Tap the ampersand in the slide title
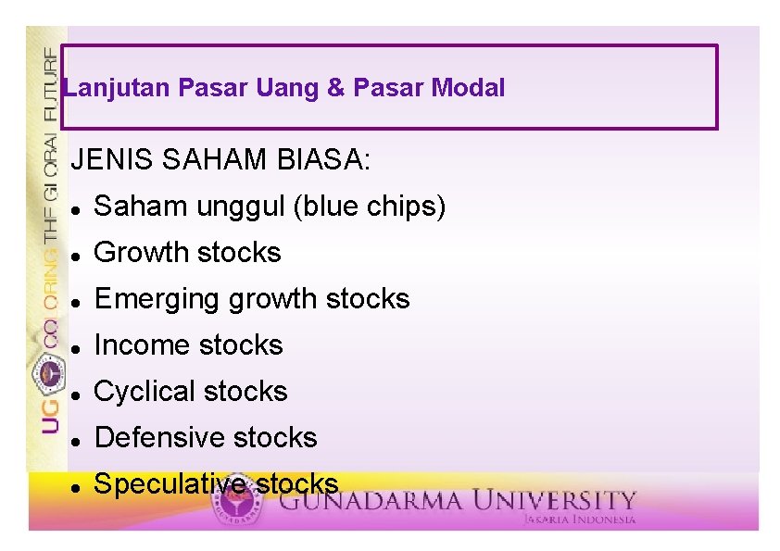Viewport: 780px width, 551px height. pos(335,89)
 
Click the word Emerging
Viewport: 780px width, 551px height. pos(158,299)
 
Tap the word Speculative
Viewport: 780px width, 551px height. pos(170,483)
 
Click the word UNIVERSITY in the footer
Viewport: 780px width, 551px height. pos(556,501)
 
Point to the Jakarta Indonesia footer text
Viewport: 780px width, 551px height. pos(579,520)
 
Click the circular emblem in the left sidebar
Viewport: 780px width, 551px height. pos(49,372)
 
